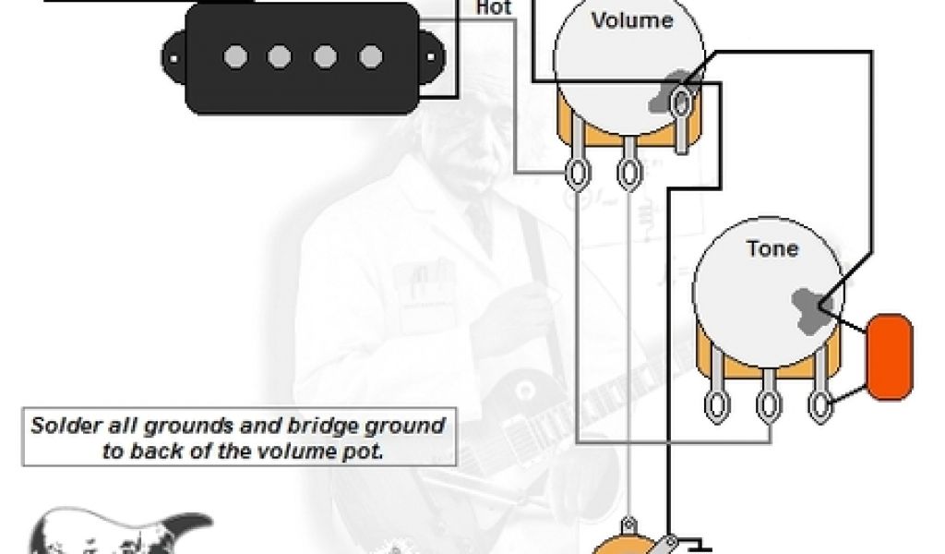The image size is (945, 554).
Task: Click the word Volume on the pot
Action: click(632, 20)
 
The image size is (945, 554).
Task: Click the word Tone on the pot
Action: click(772, 248)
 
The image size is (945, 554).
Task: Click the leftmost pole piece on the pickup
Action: click(234, 57)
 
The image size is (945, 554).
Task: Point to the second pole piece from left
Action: click(280, 57)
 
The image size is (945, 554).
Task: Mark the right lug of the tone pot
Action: click(819, 403)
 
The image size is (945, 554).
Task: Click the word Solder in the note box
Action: click(61, 427)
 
